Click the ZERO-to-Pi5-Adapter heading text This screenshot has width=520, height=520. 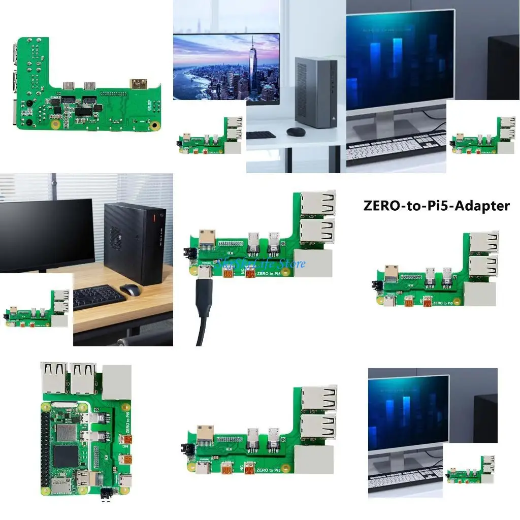coord(436,206)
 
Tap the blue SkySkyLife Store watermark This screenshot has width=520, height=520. coord(261,263)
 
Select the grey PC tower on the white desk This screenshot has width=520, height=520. coord(315,92)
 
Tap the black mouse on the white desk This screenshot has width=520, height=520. coord(295,131)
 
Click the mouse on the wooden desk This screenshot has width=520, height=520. coord(130,290)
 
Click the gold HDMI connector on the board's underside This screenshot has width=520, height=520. coord(138,85)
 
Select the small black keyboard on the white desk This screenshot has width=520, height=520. coord(262,135)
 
